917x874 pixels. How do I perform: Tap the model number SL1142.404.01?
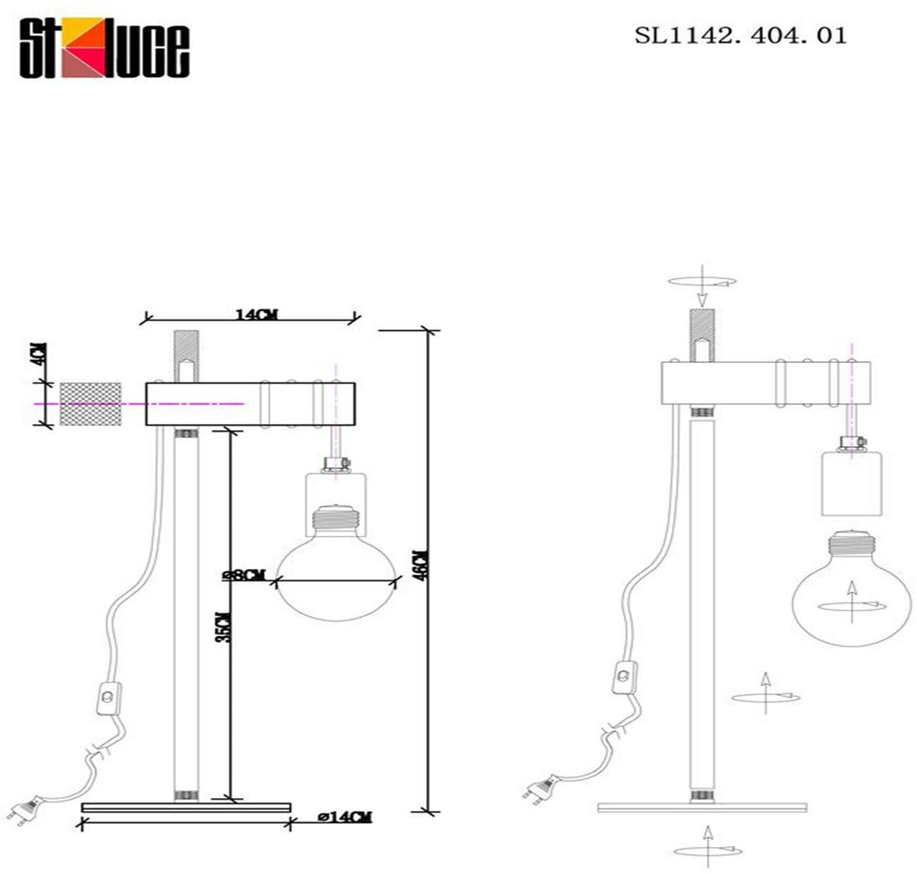point(740,36)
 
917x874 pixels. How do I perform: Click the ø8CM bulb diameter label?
point(244,575)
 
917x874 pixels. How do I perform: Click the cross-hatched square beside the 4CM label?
point(90,404)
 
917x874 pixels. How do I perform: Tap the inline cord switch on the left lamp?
point(109,697)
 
